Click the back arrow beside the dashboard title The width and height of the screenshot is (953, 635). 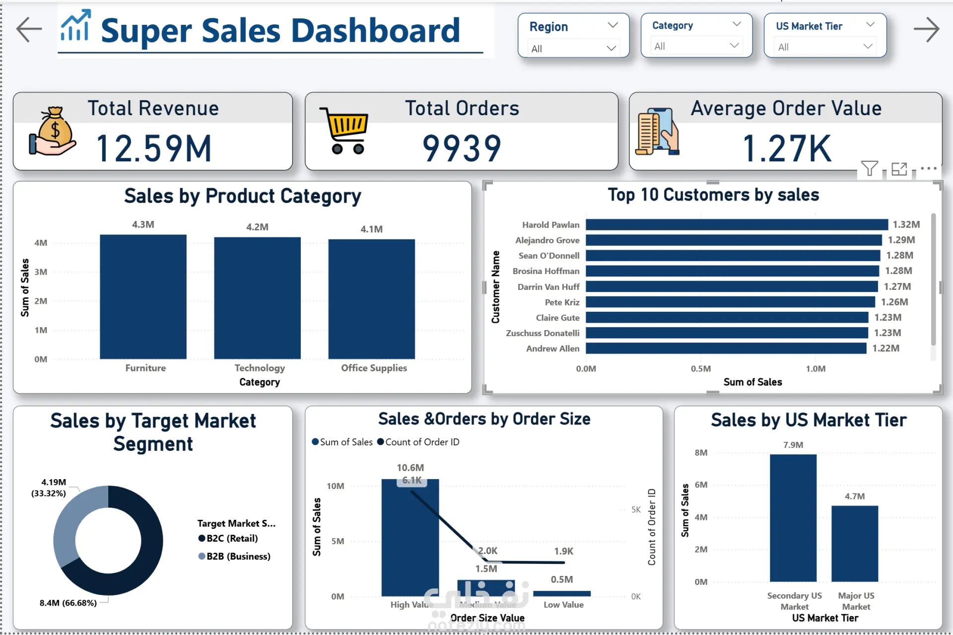point(29,29)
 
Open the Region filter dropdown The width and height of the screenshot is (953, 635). point(573,49)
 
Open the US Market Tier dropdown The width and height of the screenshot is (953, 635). point(825,47)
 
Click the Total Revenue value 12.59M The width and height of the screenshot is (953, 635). point(154,148)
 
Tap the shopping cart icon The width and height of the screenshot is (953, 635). point(345,130)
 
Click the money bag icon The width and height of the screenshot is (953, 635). point(53,131)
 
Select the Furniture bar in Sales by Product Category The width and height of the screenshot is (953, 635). point(143,296)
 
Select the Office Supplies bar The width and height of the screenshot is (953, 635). point(371,299)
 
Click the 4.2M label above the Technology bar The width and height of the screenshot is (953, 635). point(257,227)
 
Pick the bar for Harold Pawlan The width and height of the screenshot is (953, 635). point(737,224)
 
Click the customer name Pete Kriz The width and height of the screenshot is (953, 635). point(562,302)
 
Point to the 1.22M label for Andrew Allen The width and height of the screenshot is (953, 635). point(885,348)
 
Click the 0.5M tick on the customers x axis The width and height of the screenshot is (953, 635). point(700,369)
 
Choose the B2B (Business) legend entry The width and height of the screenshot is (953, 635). point(234,556)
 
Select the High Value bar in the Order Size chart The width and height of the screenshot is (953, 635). point(410,537)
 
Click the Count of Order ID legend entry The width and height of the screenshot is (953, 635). point(418,442)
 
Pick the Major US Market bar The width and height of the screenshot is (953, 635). point(855,544)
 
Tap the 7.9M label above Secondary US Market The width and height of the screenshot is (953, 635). point(793,445)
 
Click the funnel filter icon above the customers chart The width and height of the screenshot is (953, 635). point(869,169)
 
